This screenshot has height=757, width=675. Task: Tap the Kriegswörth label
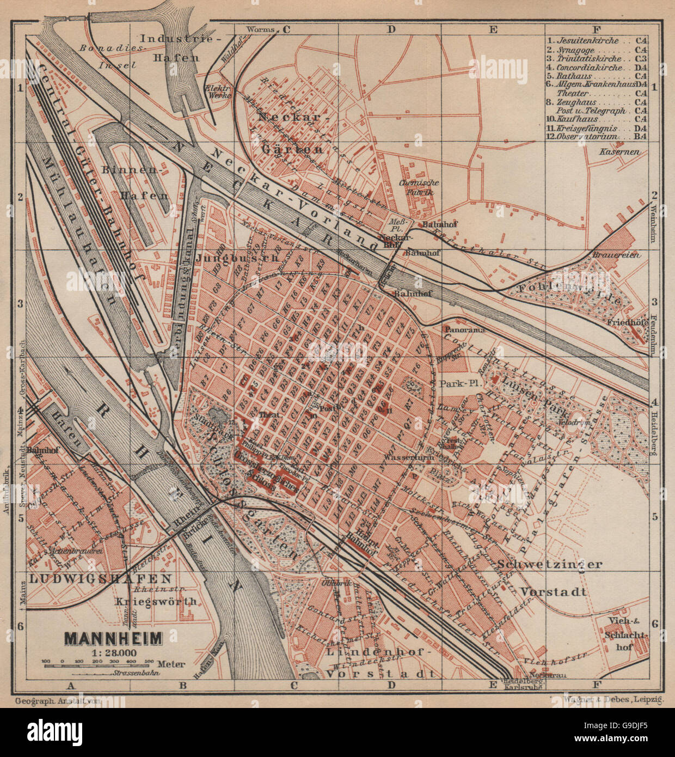pyautogui.click(x=156, y=602)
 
